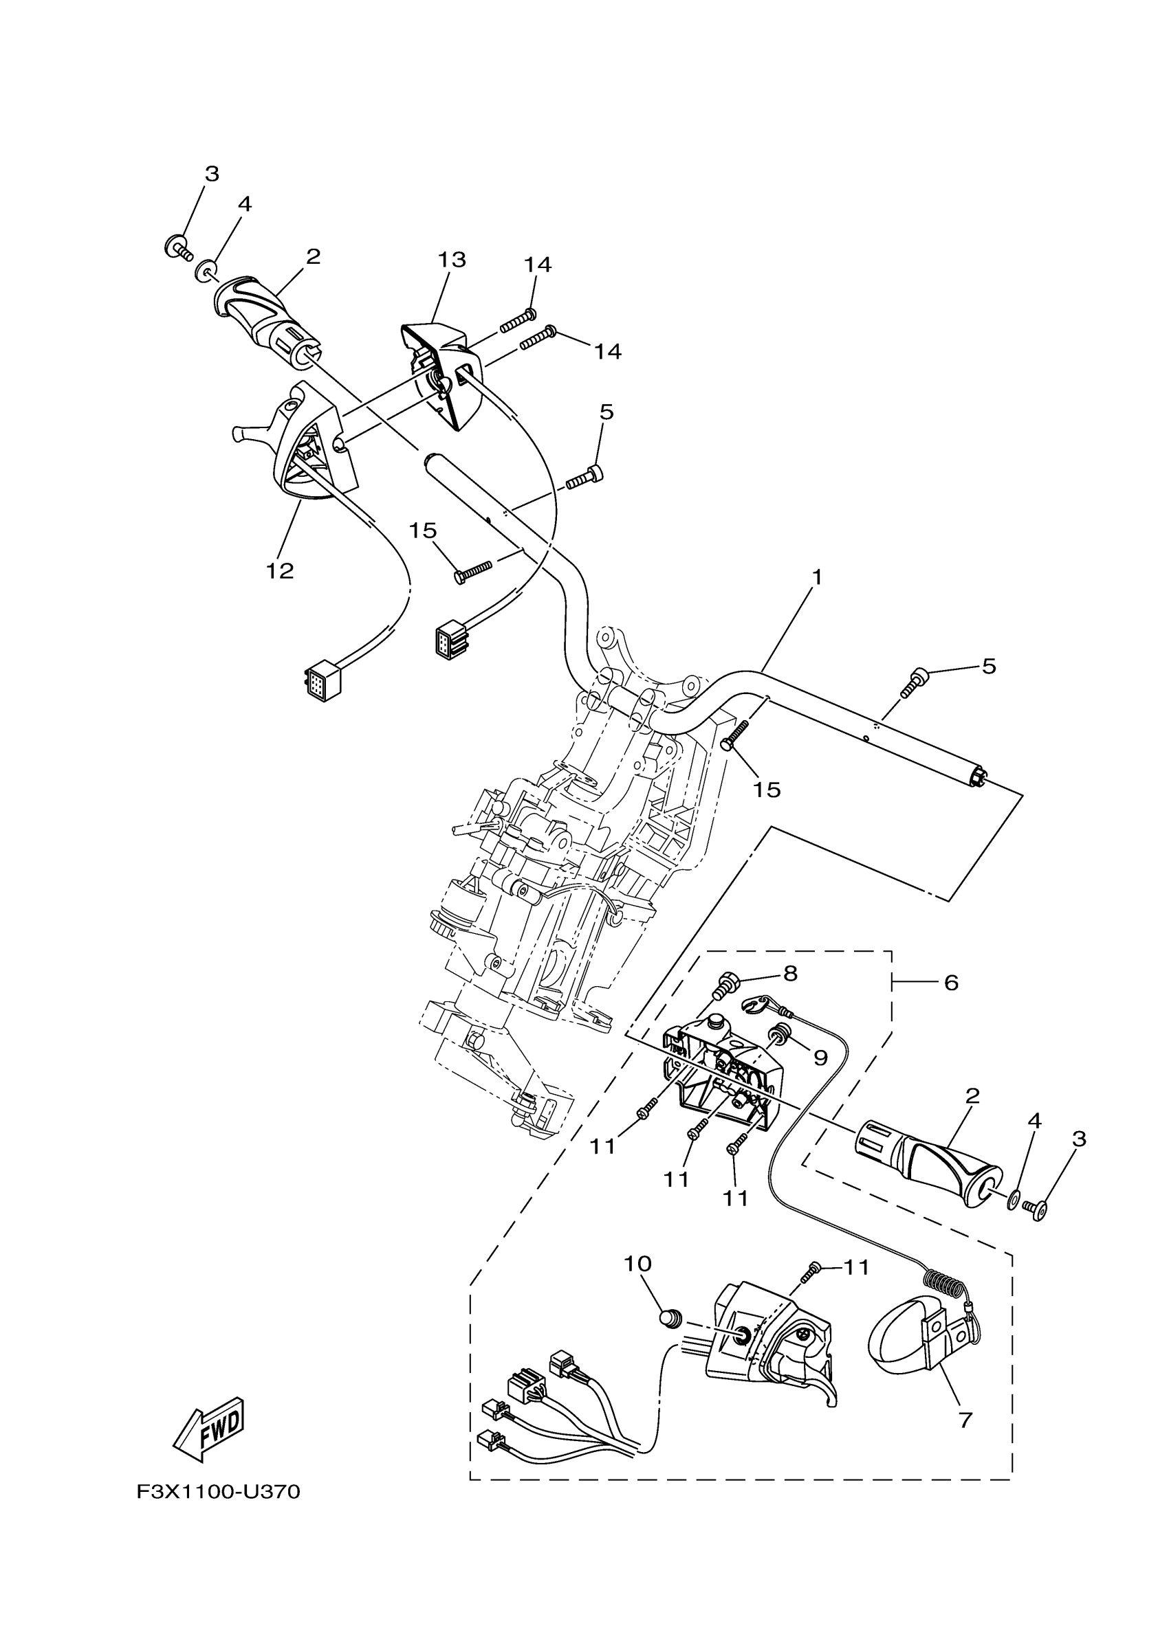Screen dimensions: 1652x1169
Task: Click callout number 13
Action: [x=452, y=260]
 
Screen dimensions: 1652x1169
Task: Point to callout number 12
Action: [x=280, y=570]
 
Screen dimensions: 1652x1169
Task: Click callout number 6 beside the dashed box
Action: [x=951, y=983]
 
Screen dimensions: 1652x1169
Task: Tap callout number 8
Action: [x=790, y=974]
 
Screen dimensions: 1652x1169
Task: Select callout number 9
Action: [x=820, y=1056]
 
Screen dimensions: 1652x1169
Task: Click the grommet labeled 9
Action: [x=779, y=1036]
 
